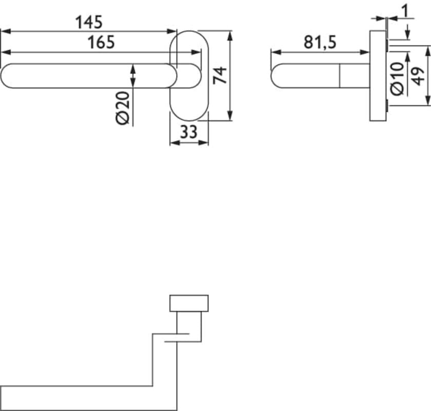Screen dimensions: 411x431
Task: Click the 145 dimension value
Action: [89, 22]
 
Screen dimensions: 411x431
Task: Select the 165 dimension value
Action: [100, 42]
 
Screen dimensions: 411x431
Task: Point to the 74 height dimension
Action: [220, 76]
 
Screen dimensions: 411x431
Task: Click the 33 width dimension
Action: [189, 133]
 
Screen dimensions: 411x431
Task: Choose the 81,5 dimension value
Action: [320, 42]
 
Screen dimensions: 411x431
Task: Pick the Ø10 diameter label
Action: [397, 79]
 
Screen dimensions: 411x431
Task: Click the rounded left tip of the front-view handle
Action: [8, 76]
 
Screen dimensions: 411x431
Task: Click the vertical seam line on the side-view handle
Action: [340, 76]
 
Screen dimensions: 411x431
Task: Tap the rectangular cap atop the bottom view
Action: [189, 303]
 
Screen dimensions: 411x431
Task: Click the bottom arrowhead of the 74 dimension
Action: [229, 118]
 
